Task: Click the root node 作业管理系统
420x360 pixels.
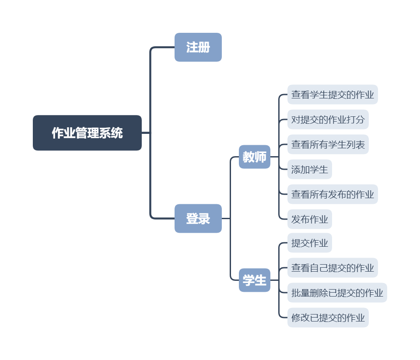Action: point(87,133)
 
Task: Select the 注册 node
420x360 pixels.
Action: point(198,47)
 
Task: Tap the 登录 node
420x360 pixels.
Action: point(198,218)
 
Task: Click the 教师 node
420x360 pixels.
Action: point(255,157)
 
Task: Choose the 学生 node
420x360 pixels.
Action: point(255,280)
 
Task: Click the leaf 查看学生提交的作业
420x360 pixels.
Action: point(332,94)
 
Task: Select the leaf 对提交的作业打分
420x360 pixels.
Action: point(328,119)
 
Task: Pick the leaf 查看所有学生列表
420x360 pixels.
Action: point(328,144)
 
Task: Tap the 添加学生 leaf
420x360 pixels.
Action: point(309,169)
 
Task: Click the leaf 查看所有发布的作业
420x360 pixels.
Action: point(332,194)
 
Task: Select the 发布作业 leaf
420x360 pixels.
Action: point(309,219)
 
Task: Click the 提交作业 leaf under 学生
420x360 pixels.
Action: point(309,243)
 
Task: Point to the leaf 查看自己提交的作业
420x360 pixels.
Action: point(332,268)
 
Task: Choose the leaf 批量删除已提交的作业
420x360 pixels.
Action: point(337,293)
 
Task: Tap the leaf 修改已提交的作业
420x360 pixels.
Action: point(328,318)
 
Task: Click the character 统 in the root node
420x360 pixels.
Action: point(117,133)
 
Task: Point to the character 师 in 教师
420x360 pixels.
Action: point(261,157)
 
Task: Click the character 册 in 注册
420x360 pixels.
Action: point(204,47)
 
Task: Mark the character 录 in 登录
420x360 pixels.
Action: point(204,218)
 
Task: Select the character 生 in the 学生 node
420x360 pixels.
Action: point(261,280)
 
